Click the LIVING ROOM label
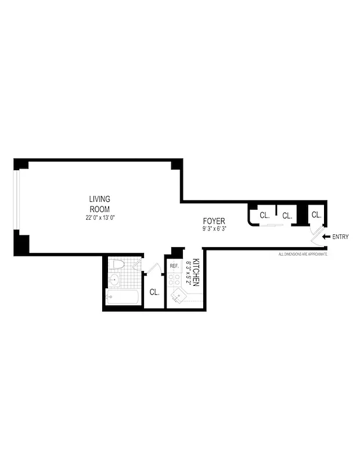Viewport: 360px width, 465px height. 99,204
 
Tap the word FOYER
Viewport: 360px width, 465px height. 214,221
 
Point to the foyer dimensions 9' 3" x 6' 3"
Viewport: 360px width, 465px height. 214,229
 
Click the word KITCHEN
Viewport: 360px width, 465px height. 197,273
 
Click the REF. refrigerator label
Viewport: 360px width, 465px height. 174,266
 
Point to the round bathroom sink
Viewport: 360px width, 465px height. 114,281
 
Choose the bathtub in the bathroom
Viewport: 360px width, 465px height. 123,298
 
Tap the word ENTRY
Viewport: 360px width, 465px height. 340,237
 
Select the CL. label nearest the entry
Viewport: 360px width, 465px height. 316,215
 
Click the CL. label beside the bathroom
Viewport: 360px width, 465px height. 154,292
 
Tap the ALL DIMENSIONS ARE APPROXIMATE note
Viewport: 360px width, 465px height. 303,255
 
